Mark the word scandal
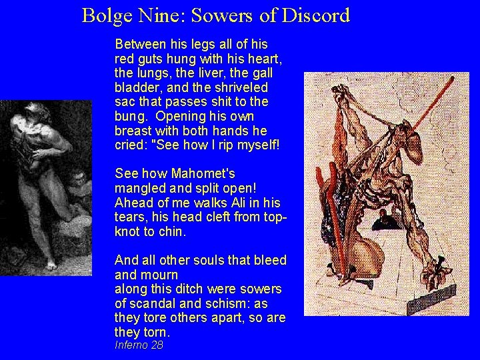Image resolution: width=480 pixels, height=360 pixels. (x=151, y=303)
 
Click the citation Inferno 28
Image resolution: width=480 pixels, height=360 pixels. (x=139, y=345)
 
